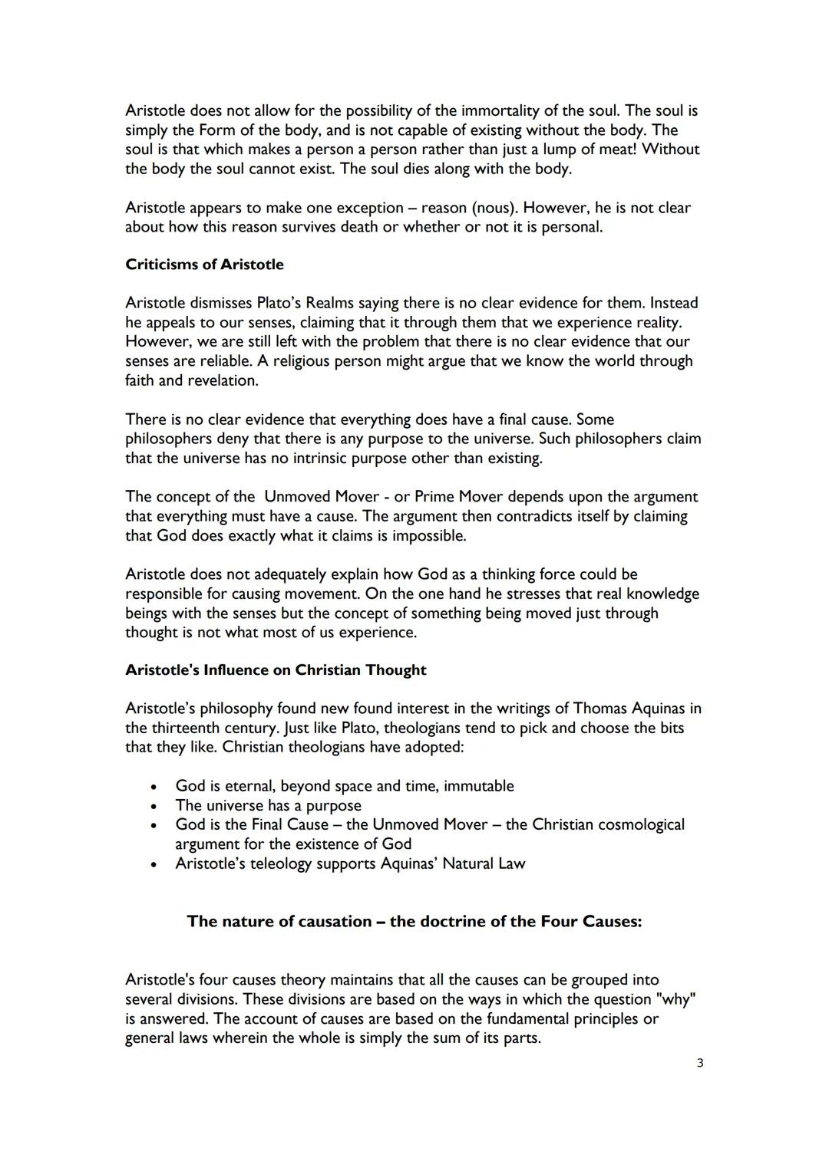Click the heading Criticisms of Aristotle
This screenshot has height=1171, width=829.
[204, 265]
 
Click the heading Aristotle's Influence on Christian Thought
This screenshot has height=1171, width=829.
[276, 670]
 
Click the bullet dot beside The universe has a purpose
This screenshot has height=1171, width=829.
[154, 806]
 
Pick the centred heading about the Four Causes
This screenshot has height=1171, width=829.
[414, 922]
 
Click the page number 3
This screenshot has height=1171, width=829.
[700, 1063]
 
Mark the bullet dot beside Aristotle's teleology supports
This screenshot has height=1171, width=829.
[154, 864]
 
